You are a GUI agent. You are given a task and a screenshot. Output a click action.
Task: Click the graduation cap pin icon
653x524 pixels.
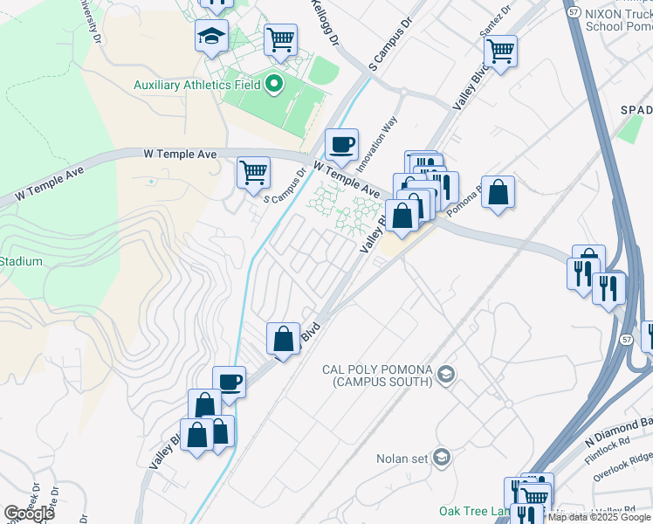[211, 36]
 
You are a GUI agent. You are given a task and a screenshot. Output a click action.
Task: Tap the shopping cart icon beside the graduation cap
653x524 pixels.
[280, 39]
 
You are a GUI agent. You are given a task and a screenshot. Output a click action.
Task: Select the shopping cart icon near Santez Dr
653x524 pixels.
[500, 51]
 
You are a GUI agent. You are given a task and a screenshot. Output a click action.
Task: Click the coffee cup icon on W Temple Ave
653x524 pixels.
[341, 144]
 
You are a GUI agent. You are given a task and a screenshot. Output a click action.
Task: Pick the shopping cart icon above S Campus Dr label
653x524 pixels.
[253, 172]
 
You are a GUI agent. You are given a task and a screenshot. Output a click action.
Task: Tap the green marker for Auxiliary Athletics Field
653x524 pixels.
[274, 85]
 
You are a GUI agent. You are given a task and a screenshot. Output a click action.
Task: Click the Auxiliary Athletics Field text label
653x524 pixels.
[197, 85]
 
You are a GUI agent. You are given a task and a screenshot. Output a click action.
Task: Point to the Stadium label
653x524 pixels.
[21, 261]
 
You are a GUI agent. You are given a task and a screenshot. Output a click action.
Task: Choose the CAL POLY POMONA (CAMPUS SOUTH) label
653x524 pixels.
[377, 376]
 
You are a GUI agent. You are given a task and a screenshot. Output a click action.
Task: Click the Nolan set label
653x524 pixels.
[405, 458]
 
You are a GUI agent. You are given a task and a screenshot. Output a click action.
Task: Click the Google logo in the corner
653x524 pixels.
[29, 513]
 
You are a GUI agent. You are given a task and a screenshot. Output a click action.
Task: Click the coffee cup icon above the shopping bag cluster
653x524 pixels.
[229, 382]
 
